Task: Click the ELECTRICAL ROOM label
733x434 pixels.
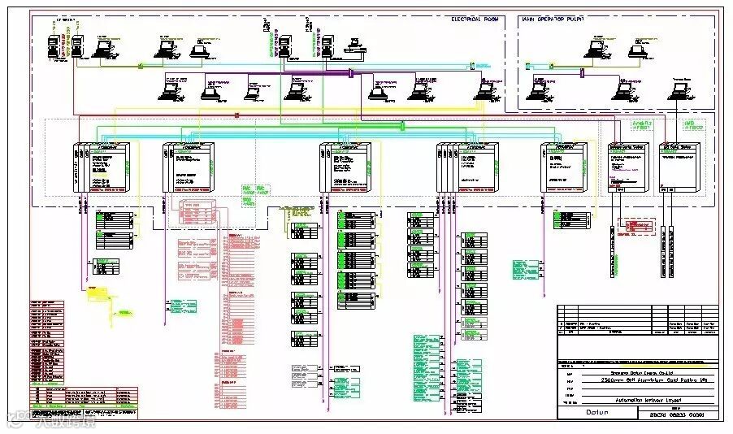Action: coord(479,18)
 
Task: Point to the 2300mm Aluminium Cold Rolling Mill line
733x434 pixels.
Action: coord(630,379)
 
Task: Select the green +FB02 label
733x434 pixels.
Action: coord(693,126)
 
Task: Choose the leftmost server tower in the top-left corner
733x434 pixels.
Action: coord(53,45)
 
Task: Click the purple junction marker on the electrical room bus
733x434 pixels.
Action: coord(350,73)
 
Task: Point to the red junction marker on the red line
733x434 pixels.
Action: coord(236,115)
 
